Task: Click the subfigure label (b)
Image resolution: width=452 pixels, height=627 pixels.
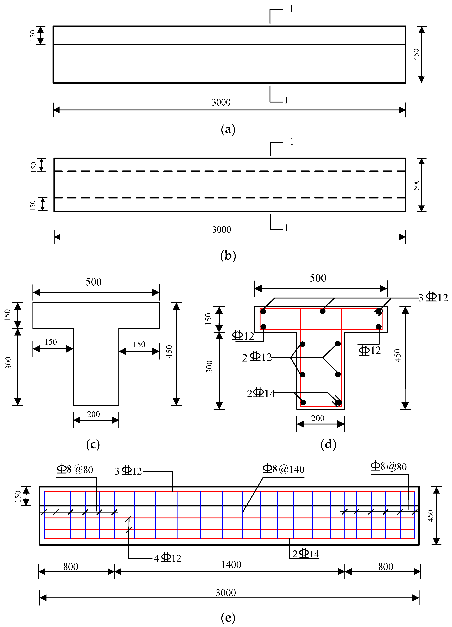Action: [x=228, y=256]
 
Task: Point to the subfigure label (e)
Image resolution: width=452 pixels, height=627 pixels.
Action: [x=228, y=618]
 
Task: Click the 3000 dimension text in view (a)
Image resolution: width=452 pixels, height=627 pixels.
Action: [x=221, y=103]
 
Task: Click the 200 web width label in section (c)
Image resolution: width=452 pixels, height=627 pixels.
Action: [x=93, y=414]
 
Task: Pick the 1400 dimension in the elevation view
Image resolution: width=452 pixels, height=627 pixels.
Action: [x=231, y=564]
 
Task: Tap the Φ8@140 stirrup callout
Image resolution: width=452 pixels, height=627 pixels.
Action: [x=283, y=469]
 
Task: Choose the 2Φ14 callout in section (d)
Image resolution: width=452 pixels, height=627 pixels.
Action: [x=261, y=393]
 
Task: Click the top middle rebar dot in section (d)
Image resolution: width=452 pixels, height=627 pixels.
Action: [x=322, y=311]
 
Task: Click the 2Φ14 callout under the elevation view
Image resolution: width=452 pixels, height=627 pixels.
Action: [x=306, y=554]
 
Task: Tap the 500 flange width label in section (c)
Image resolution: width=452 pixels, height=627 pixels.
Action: [x=93, y=282]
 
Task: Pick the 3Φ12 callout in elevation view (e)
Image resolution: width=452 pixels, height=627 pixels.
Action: [x=128, y=471]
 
